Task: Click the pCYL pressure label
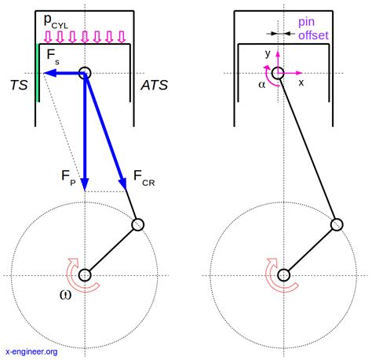tap(56, 21)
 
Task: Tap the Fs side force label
tap(53, 56)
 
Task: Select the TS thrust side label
tap(19, 85)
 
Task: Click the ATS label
tap(155, 85)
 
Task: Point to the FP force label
tap(68, 177)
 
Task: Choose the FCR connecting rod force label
tap(144, 178)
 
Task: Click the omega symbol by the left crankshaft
tap(65, 295)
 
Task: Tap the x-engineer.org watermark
tap(31, 351)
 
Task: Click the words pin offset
tap(313, 28)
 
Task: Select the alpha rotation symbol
tap(261, 85)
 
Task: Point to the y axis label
tap(268, 53)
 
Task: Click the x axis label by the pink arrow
tap(301, 83)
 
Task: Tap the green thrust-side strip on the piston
tap(39, 73)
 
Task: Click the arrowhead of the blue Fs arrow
tap(49, 73)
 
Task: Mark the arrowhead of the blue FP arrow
tap(85, 185)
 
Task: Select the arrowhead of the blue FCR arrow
tap(123, 184)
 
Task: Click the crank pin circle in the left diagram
tap(138, 225)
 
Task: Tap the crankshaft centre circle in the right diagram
tap(283, 275)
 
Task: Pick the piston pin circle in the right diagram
tap(278, 73)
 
